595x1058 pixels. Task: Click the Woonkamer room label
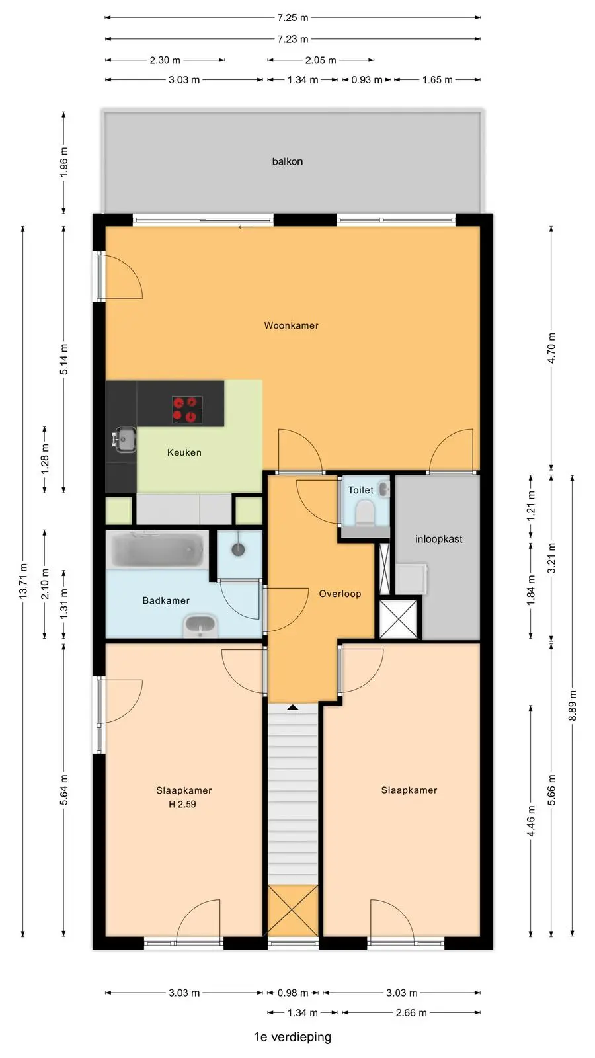[291, 325]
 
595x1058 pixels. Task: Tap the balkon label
[288, 161]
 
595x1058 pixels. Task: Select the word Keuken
[184, 452]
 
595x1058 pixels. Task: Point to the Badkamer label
[166, 601]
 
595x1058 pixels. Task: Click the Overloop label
[340, 594]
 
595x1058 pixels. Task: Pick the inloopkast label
[439, 539]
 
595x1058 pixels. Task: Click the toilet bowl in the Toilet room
[365, 513]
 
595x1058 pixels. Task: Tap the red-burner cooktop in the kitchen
[188, 409]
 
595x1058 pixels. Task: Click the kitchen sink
[124, 439]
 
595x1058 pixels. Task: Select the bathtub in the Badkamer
[157, 551]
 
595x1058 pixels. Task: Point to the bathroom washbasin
[200, 626]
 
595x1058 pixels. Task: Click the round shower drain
[238, 549]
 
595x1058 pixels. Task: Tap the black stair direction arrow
[293, 707]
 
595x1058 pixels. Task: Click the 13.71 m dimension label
[23, 581]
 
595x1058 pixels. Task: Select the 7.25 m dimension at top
[293, 18]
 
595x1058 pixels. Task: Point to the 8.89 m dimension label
[573, 706]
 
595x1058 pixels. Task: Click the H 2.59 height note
[182, 804]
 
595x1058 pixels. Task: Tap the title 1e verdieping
[292, 1037]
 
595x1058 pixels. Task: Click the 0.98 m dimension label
[293, 993]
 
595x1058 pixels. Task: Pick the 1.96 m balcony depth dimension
[63, 162]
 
